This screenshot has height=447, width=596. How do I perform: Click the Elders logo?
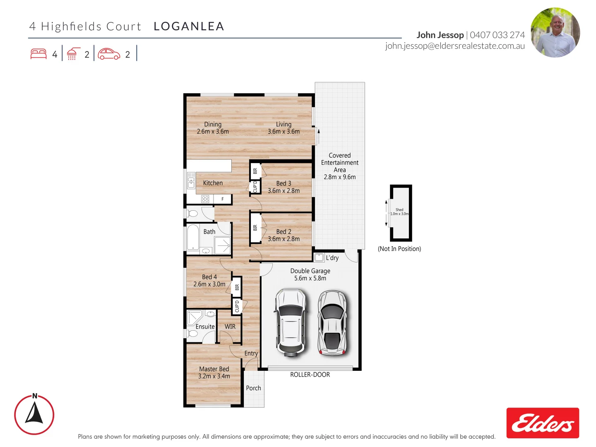coord(543,423)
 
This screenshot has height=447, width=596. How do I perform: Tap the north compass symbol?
coord(34,415)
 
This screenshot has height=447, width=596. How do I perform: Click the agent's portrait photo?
coord(555,32)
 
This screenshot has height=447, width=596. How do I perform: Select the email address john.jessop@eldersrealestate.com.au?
coord(455,46)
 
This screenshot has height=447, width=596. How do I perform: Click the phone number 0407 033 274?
coord(497,35)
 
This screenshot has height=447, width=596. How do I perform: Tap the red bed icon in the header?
coord(38,54)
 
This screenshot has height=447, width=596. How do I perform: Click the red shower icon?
coord(73,54)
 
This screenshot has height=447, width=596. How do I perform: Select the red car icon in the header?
coord(109,54)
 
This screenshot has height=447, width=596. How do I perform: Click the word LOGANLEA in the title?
coord(189,26)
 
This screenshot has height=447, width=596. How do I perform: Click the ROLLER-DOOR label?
coord(310,375)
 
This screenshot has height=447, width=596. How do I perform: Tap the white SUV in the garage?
coord(291,322)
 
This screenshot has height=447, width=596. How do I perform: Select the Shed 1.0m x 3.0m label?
coord(399,212)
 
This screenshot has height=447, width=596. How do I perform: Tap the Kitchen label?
coord(213,183)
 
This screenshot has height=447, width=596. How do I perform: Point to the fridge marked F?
coord(222,199)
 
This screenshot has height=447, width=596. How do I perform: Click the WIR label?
coord(230,327)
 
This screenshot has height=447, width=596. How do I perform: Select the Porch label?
coord(253,388)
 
